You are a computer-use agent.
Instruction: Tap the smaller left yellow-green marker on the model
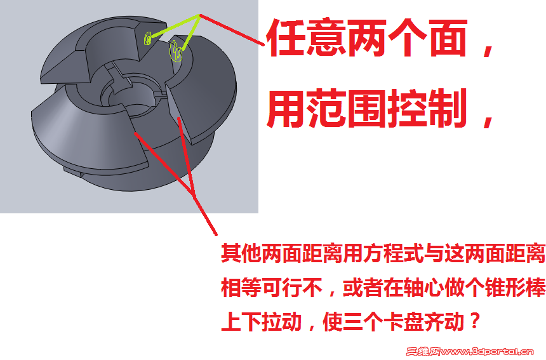pos(148,39)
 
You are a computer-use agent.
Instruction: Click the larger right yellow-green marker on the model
pos(176,51)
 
